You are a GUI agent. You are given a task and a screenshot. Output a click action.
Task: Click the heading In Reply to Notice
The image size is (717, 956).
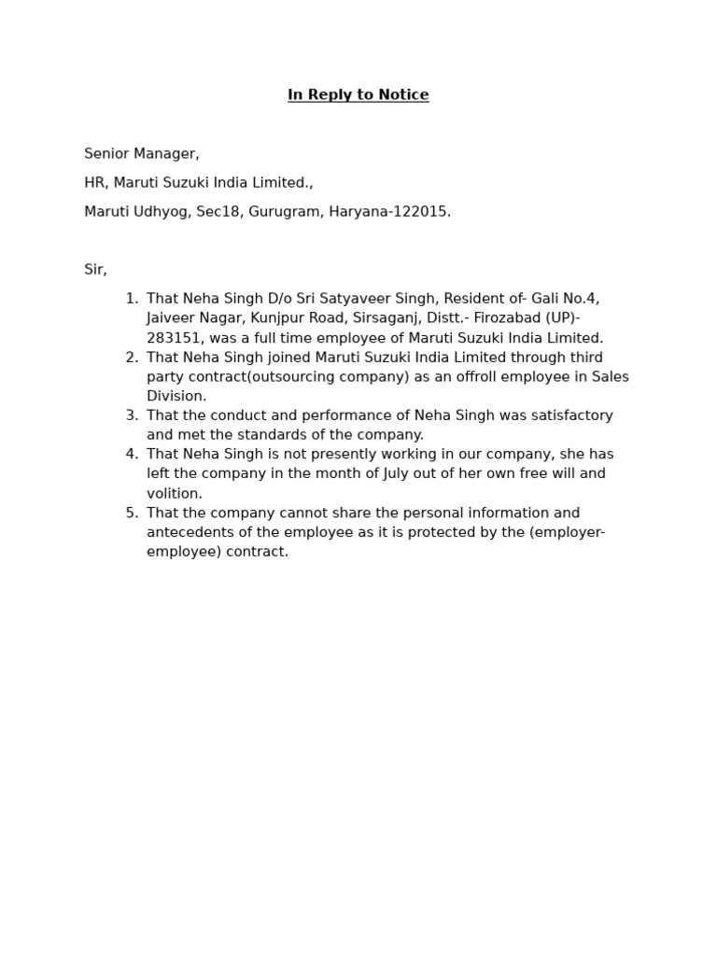coord(358,95)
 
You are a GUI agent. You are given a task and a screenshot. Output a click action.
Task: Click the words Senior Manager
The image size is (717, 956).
coord(141,154)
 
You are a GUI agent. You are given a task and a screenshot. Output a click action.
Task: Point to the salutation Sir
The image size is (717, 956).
coord(95,270)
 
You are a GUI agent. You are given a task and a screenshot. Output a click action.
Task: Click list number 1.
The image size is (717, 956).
coord(132,299)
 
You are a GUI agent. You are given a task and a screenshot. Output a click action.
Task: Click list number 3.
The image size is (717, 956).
coord(132,415)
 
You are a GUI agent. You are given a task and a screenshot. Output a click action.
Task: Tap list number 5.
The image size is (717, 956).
coord(132,513)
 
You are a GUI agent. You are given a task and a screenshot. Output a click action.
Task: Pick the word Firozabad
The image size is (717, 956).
coord(505,318)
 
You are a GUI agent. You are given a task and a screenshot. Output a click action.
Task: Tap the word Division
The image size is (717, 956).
coord(176,397)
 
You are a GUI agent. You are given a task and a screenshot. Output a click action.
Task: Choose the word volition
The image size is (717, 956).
coord(174,494)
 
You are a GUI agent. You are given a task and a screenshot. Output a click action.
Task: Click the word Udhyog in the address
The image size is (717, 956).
coord(160,212)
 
